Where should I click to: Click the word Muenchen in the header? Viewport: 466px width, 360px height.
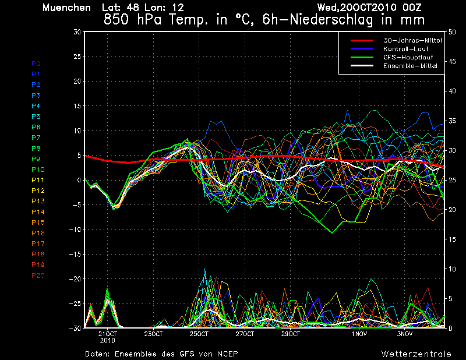tap(66, 8)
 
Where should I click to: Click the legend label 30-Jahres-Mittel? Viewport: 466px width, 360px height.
tap(412, 40)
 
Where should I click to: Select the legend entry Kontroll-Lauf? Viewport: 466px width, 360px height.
tap(405, 49)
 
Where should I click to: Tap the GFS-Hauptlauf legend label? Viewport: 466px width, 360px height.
tap(408, 57)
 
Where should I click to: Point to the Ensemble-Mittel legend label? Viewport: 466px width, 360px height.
tap(410, 66)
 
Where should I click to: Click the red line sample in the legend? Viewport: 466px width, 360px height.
tap(362, 40)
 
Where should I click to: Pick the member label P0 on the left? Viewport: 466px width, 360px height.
tap(36, 63)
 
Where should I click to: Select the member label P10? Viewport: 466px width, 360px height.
tap(38, 170)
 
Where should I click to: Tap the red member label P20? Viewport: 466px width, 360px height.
tap(38, 276)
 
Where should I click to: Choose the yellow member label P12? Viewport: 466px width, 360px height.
tap(38, 190)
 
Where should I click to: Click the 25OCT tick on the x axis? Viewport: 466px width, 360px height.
tap(199, 334)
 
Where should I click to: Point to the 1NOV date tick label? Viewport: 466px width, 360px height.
tap(359, 334)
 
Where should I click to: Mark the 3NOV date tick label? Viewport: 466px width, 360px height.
tap(405, 334)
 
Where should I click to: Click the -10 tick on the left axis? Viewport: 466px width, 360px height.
tap(75, 230)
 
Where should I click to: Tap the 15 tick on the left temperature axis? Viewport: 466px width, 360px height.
tap(77, 106)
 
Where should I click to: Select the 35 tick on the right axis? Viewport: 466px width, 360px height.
tap(452, 121)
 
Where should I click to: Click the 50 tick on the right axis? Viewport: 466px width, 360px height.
tap(452, 32)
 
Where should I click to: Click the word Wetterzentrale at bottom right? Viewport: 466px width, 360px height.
tap(416, 354)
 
